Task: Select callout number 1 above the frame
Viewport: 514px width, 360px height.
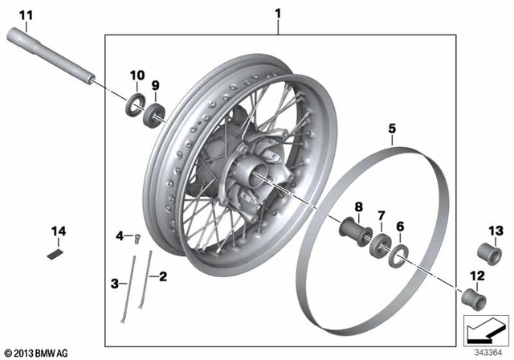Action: click(x=278, y=14)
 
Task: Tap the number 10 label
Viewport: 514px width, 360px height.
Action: click(x=136, y=76)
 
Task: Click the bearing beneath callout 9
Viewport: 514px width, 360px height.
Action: click(x=153, y=112)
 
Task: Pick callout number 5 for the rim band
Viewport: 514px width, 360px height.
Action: click(x=392, y=128)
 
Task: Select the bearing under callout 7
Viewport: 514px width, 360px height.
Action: click(x=381, y=243)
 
